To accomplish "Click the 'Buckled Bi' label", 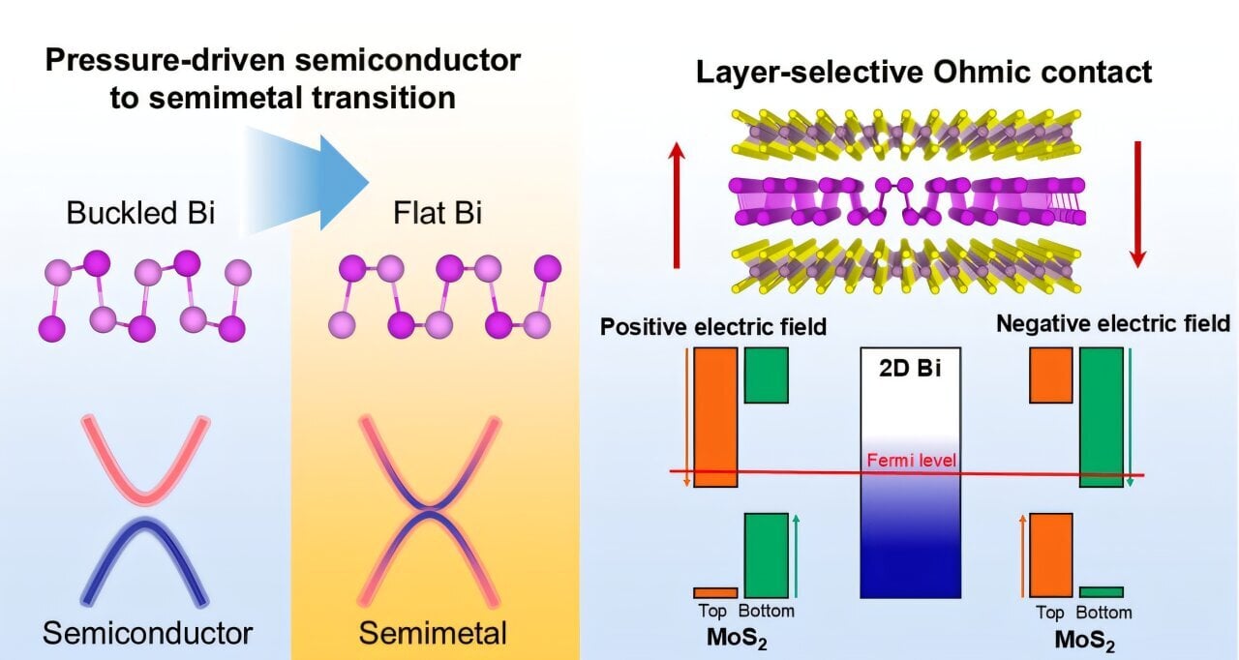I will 140,214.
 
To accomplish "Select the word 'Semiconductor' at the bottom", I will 147,634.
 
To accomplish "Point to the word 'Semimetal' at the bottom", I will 433,634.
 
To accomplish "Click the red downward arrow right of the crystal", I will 1137,204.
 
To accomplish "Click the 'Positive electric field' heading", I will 713,326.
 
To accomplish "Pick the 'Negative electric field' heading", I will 1112,323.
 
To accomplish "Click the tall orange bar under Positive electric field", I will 716,416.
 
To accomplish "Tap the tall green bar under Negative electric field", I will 1101,416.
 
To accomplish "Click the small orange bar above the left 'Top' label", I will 715,592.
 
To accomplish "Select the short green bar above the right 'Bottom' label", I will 1101,591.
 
